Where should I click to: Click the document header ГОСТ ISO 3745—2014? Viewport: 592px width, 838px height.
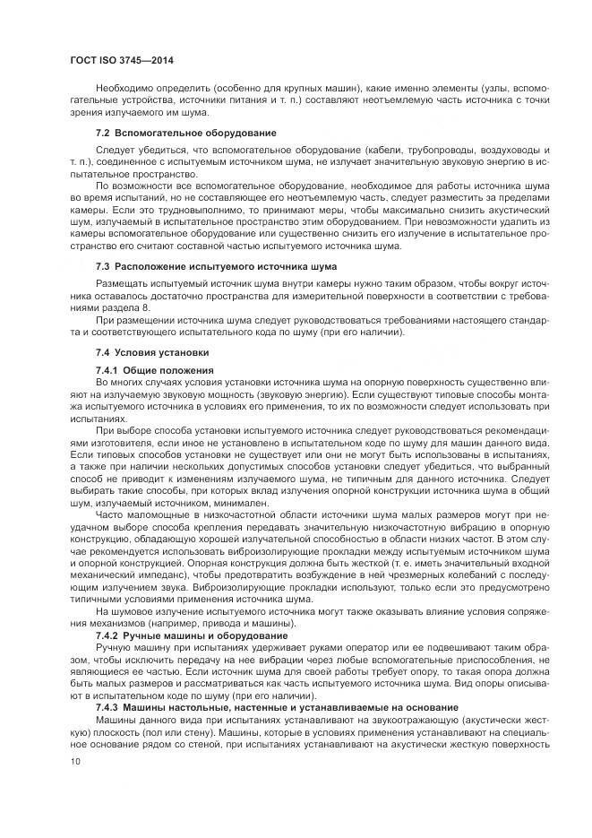click(x=120, y=60)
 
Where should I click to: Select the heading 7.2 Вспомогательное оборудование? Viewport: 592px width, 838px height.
click(x=185, y=134)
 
